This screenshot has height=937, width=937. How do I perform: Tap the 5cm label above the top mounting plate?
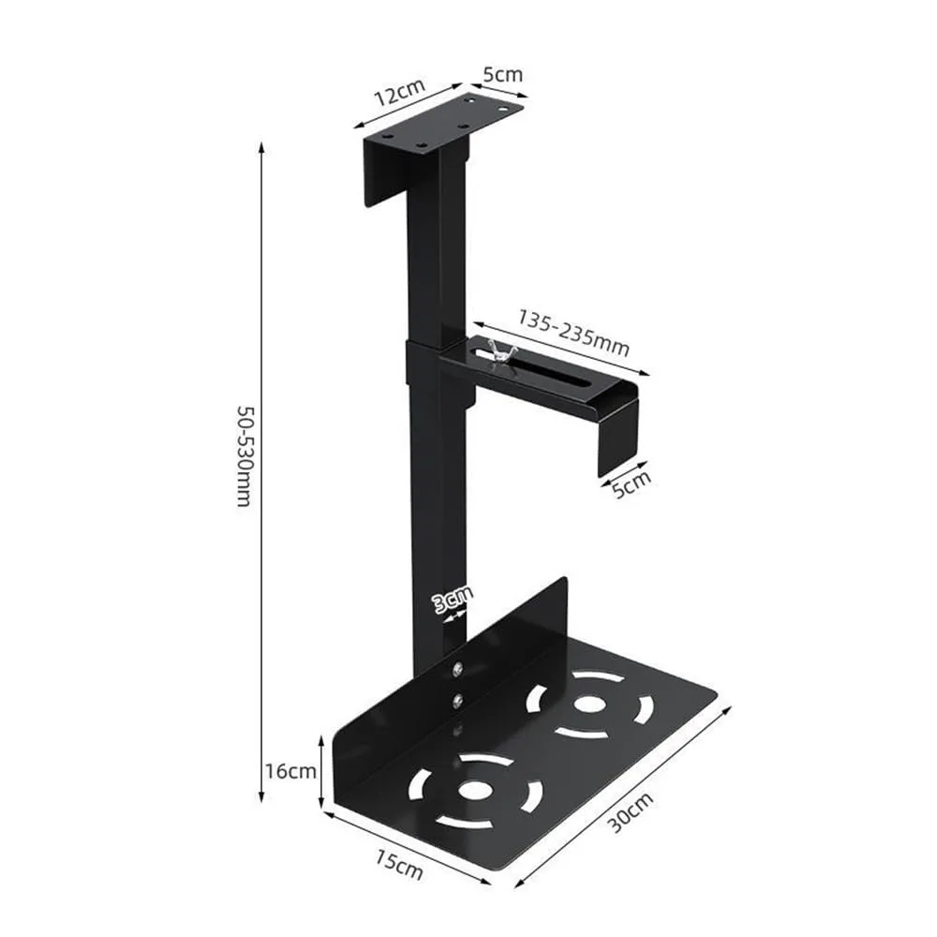pyautogui.click(x=504, y=75)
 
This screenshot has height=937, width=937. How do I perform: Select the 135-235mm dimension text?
pyautogui.click(x=573, y=332)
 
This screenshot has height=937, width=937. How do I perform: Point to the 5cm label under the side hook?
pyautogui.click(x=630, y=485)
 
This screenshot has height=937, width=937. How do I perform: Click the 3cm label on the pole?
pyautogui.click(x=453, y=598)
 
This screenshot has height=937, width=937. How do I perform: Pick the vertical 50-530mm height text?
pyautogui.click(x=243, y=456)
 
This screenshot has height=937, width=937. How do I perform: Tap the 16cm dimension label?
pyautogui.click(x=289, y=771)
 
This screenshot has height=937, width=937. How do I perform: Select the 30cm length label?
pyautogui.click(x=630, y=811)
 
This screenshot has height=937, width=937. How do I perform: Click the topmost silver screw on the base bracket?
pyautogui.click(x=456, y=668)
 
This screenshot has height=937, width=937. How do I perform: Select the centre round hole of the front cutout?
pyautogui.click(x=476, y=790)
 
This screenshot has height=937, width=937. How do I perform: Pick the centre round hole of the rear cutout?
pyautogui.click(x=588, y=704)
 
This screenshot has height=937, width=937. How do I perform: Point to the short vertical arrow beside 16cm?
pyautogui.click(x=321, y=771)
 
